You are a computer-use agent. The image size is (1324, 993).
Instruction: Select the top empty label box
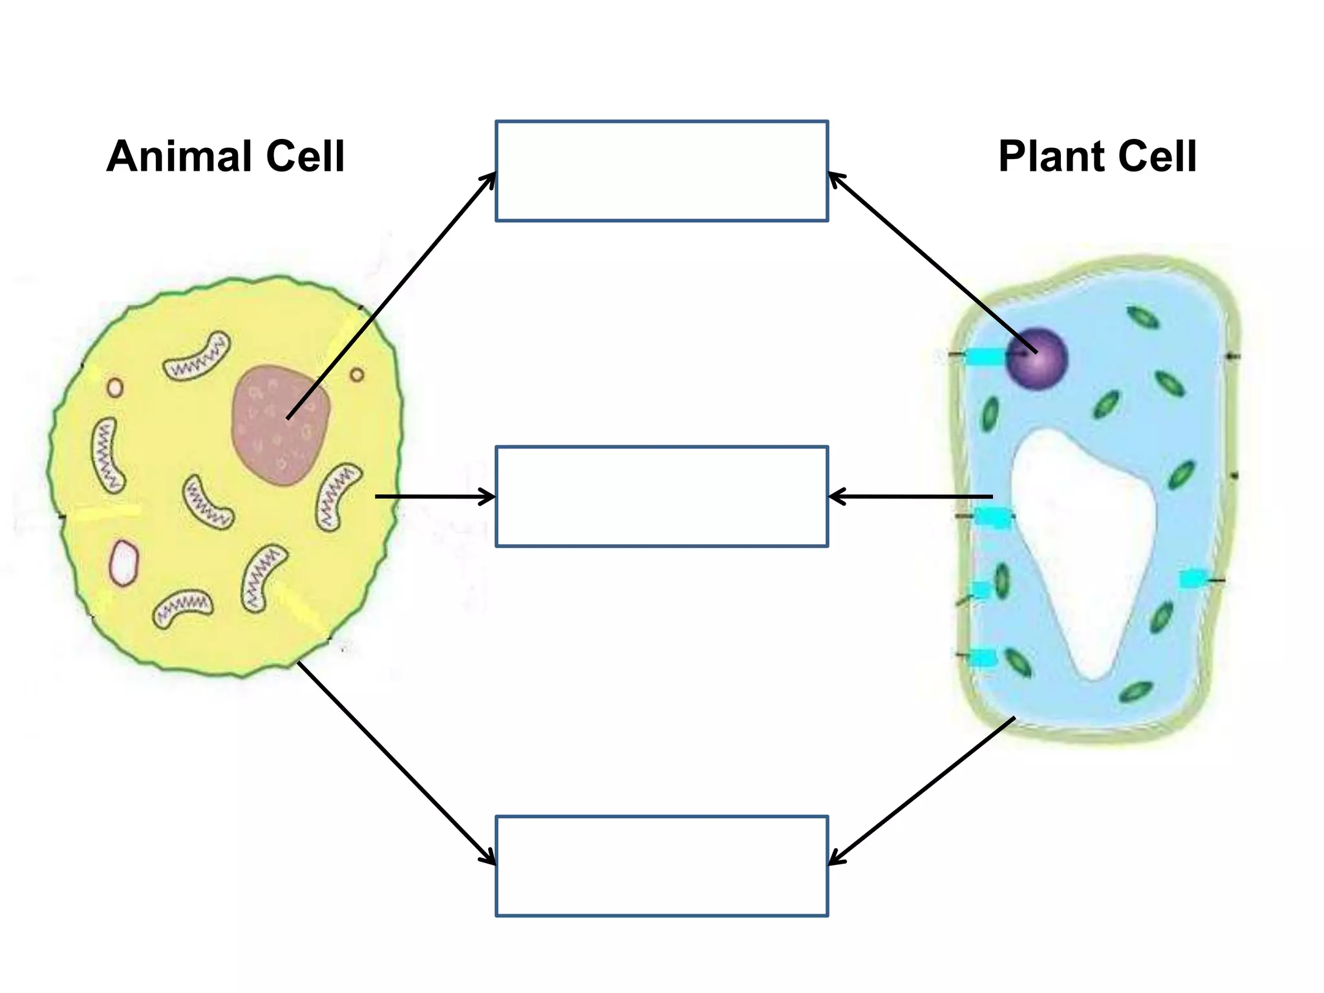pos(661,171)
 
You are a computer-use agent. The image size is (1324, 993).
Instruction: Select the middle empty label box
pos(661,496)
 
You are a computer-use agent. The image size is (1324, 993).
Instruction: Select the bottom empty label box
pos(661,866)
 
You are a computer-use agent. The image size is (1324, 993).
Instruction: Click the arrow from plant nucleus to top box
pos(931,261)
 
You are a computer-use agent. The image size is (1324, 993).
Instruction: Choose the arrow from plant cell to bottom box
pos(921,791)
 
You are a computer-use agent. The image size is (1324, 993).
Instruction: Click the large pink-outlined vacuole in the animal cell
pos(123,562)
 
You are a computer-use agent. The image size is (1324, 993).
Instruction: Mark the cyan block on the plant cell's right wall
pos(1191,579)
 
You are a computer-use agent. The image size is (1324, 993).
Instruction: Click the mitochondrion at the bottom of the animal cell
pos(183,608)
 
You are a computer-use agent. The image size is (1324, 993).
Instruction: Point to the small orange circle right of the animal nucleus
pos(357,374)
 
